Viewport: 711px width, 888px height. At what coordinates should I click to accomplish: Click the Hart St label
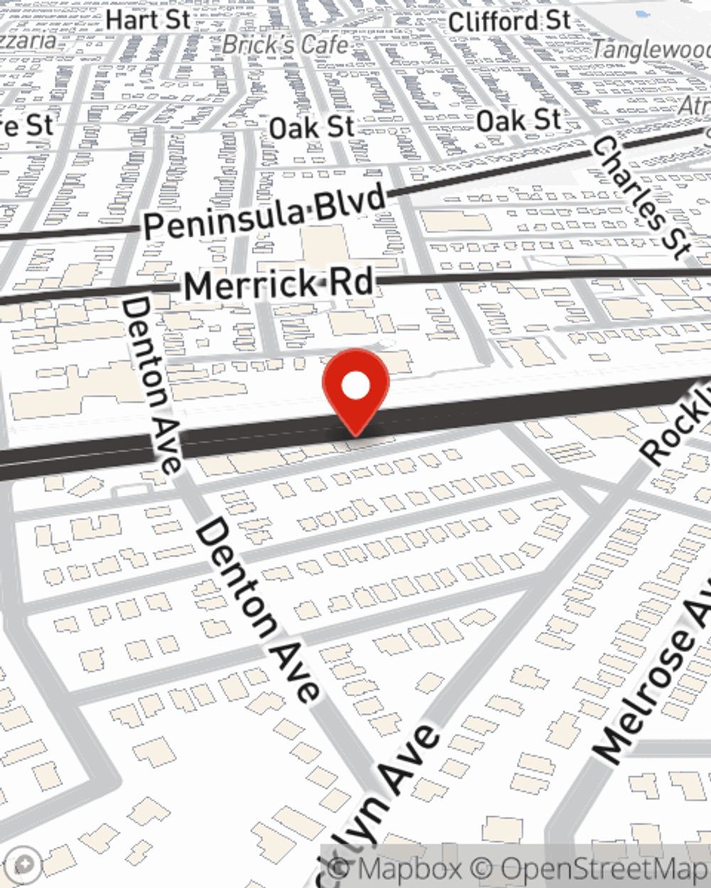click(148, 19)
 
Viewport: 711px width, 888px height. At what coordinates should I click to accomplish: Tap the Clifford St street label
click(509, 21)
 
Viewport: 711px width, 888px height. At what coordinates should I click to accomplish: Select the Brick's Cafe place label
click(286, 45)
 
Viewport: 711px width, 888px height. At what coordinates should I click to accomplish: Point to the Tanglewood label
click(651, 49)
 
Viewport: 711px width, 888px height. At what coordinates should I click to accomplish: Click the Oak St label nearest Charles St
click(518, 121)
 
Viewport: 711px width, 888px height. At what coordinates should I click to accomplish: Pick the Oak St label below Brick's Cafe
click(311, 128)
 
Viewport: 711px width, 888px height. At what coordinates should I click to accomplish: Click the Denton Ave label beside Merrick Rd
click(151, 384)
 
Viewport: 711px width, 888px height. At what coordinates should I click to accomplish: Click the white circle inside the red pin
click(355, 387)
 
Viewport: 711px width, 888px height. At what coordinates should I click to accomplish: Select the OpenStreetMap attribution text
click(604, 868)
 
